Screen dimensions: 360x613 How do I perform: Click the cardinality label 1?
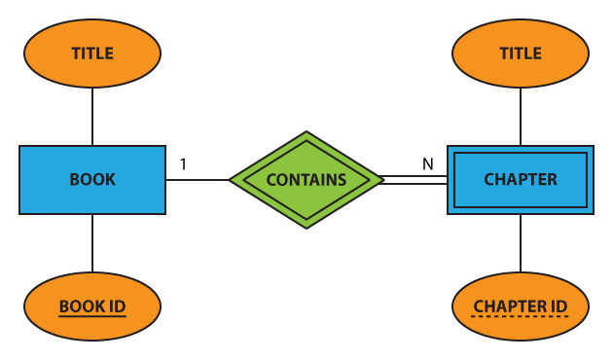[x=183, y=163]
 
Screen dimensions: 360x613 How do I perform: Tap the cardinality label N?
[x=427, y=163]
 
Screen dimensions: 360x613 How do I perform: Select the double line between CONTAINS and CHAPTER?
[x=414, y=179]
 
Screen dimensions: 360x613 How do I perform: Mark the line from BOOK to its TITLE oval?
[x=92, y=117]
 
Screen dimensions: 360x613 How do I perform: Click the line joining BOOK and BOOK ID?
[x=92, y=243]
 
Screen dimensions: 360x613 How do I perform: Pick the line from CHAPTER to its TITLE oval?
[x=521, y=117]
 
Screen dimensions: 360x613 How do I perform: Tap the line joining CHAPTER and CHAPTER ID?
[x=521, y=243]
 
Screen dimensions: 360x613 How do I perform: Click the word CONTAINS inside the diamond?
[x=306, y=179]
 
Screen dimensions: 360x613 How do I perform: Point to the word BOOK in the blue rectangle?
[x=92, y=179]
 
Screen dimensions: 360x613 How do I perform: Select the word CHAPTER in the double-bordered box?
[x=521, y=179]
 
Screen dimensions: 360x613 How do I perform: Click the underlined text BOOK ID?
[x=92, y=306]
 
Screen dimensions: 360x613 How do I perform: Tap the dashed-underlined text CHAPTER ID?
[x=521, y=306]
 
